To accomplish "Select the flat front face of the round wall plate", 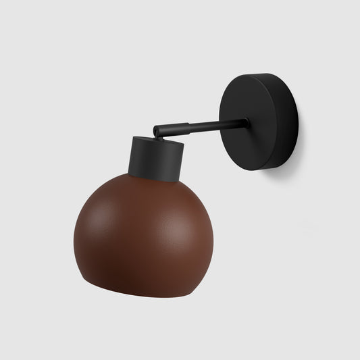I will coord(253,122).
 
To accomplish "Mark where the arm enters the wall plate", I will coord(245,123).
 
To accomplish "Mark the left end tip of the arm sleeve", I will coord(154,129).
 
